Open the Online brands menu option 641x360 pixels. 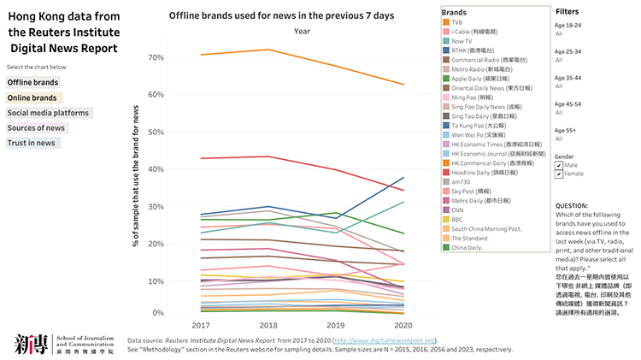coord(32,97)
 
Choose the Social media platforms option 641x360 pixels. coord(48,113)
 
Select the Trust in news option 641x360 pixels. coord(32,143)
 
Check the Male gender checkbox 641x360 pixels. coord(559,165)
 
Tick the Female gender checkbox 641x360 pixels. coord(559,174)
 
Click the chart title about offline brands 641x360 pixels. coord(269,15)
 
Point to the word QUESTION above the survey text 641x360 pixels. coord(572,206)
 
